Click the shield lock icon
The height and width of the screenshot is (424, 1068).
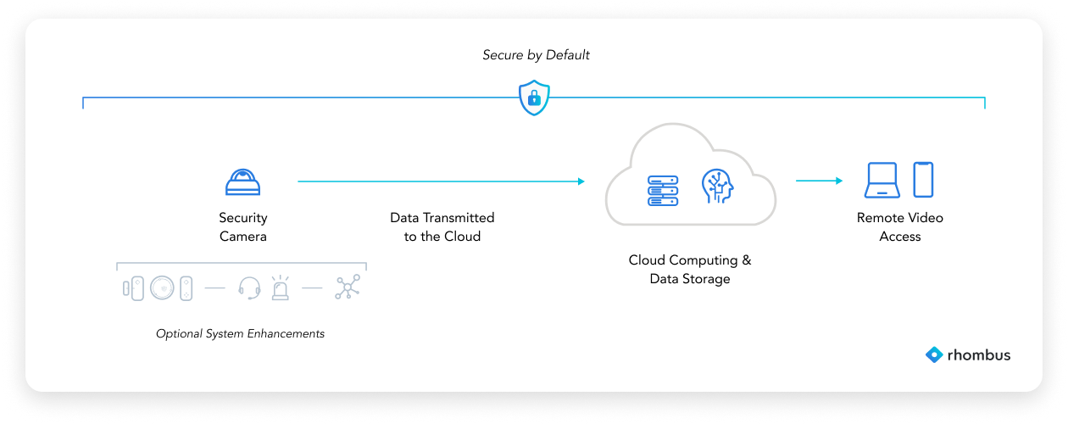[534, 98]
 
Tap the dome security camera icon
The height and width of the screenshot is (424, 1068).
[243, 181]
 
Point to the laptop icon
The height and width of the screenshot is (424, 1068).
[882, 181]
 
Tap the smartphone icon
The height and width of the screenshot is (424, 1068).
[923, 180]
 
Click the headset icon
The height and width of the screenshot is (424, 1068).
[249, 288]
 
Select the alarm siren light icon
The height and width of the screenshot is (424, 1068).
[279, 288]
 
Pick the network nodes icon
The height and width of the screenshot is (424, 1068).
[348, 287]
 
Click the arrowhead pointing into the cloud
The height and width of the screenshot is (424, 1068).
[581, 181]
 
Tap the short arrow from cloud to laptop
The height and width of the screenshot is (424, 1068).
[819, 181]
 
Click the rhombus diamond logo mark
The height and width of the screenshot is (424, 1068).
[933, 355]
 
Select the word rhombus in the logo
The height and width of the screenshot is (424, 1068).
[979, 355]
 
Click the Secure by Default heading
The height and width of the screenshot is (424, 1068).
[536, 55]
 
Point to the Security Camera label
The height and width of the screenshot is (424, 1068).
[243, 227]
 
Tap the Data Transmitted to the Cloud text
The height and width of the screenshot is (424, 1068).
[442, 227]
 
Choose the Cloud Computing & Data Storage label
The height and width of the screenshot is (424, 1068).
[689, 269]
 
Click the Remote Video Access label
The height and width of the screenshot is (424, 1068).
[899, 227]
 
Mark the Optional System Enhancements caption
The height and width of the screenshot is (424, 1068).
[240, 333]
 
